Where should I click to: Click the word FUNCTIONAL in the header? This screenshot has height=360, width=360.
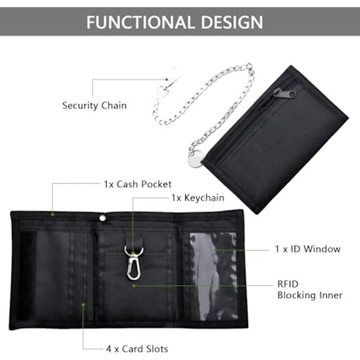coord(139,22)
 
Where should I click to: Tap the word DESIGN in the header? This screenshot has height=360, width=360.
coord(232,22)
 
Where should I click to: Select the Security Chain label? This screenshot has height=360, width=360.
coord(94,106)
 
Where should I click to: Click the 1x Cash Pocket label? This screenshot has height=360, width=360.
coord(137,184)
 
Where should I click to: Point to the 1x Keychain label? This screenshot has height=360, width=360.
coord(198,197)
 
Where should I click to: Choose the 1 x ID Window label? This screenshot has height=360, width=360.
coord(308,249)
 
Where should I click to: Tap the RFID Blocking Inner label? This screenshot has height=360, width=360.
coord(310,290)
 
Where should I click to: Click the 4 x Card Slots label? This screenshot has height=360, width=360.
coord(137,349)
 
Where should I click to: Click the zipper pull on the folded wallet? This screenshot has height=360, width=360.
coord(284,93)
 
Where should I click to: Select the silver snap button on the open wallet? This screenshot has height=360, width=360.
coord(103,218)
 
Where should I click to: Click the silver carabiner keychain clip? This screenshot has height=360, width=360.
coord(133,263)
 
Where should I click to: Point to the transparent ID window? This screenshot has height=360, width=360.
coord(214,277)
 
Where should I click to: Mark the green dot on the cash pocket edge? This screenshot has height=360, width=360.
coord(53,214)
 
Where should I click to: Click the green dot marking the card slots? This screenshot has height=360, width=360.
coord(83,305)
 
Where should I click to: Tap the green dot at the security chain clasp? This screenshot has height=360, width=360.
coord(167,79)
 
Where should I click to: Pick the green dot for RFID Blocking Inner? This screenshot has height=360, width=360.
coord(134,286)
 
